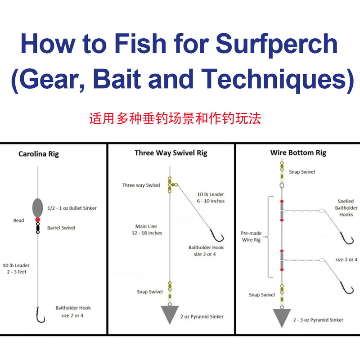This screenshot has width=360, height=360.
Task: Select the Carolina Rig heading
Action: coord(39,154)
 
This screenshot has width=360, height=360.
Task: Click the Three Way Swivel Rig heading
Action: coord(171,153)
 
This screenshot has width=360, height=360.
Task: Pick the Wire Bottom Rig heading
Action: coord(298,153)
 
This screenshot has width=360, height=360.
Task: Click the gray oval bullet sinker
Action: coord(38,207)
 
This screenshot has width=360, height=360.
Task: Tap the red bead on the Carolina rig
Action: coord(38,220)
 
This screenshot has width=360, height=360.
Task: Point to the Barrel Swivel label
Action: coord(61,228)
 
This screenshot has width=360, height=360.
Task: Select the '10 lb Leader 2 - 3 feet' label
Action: coord(16,269)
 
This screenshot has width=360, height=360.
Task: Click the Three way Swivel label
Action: coord(141,185)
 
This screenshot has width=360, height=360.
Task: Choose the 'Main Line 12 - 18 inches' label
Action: coord(148,229)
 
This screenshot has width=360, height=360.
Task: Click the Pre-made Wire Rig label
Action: coord(251,237)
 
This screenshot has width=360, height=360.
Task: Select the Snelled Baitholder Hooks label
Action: coord(346,208)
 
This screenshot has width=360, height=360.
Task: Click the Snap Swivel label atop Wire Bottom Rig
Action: coord(302,172)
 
